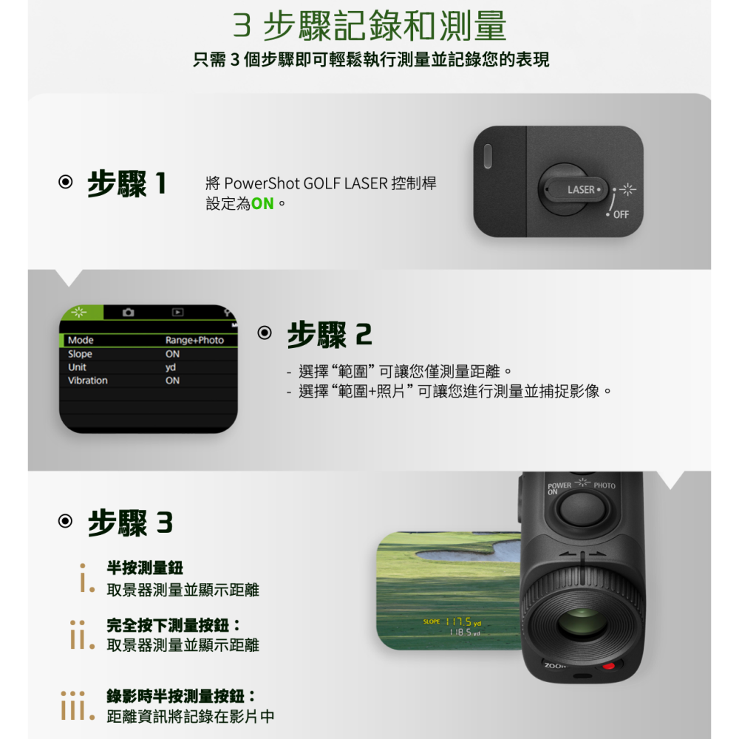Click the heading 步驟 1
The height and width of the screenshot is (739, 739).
click(x=126, y=184)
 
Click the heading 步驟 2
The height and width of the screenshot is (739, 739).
click(x=329, y=336)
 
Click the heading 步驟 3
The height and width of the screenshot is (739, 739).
click(x=130, y=523)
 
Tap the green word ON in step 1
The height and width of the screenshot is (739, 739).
click(x=262, y=202)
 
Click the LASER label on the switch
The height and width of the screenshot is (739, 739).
click(x=581, y=190)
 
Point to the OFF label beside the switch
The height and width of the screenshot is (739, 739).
click(x=621, y=214)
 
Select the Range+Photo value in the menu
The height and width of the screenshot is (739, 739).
click(x=194, y=340)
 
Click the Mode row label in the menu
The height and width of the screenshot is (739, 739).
click(x=81, y=340)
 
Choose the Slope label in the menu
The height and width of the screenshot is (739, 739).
click(x=80, y=354)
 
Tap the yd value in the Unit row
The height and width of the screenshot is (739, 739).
click(x=171, y=367)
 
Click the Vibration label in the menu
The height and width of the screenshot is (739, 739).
click(x=88, y=381)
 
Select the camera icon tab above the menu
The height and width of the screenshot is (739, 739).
click(x=128, y=313)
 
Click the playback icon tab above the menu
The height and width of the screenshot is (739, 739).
click(x=177, y=313)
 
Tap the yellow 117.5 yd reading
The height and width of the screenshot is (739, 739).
click(x=462, y=622)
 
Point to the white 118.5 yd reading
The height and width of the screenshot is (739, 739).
click(x=465, y=633)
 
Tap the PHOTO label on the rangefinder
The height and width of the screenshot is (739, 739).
click(x=604, y=486)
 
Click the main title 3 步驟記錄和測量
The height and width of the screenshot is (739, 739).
click(x=369, y=27)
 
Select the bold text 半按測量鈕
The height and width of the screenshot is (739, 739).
click(x=145, y=568)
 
